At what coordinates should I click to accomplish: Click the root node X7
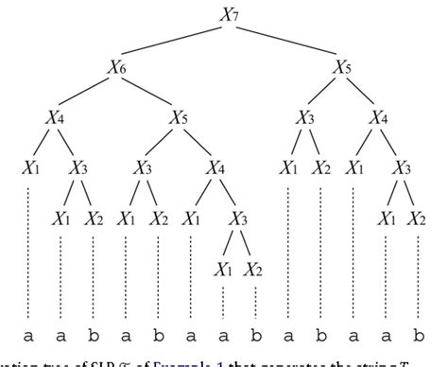click(224, 13)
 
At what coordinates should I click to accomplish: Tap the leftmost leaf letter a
click(29, 335)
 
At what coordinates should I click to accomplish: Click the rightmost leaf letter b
click(418, 335)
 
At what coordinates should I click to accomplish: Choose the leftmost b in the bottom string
click(94, 335)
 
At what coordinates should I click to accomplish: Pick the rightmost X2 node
click(418, 218)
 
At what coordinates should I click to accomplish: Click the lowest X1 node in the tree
click(223, 269)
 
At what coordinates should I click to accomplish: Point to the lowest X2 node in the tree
click(254, 269)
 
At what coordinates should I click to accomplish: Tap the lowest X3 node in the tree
click(239, 218)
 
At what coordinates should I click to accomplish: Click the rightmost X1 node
click(386, 218)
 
